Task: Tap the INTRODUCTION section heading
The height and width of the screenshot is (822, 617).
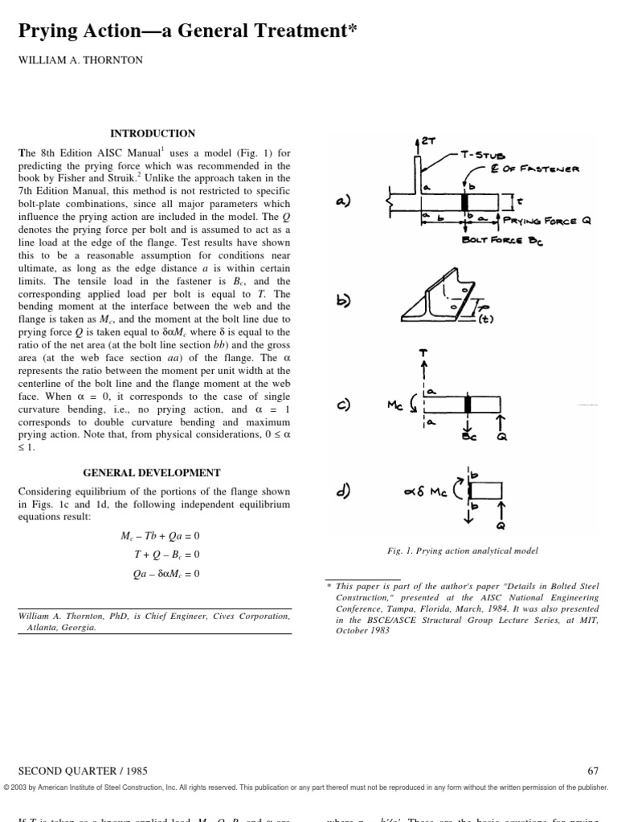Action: pos(152,133)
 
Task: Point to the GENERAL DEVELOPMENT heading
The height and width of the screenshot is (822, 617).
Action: pos(152,473)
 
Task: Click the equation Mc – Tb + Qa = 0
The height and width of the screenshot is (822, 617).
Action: pos(159,535)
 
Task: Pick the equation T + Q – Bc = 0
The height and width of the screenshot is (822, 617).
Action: pos(167,555)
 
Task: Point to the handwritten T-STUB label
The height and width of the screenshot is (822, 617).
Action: pos(480,155)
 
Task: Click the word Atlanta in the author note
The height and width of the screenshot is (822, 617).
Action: pos(36,628)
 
